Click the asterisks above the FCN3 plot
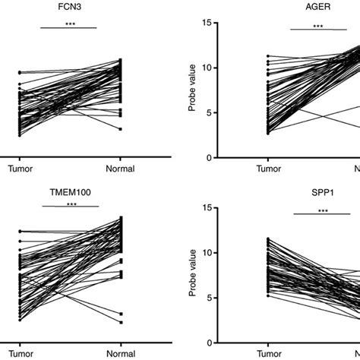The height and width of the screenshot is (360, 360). pyautogui.click(x=69, y=24)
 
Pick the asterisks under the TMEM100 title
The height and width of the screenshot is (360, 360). pyautogui.click(x=71, y=204)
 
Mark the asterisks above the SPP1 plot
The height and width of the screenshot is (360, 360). pyautogui.click(x=322, y=210)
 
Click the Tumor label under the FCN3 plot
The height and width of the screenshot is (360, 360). pyautogui.click(x=20, y=169)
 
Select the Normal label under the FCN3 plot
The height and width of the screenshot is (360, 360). pyautogui.click(x=119, y=169)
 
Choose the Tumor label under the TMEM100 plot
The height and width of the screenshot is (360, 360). pyautogui.click(x=20, y=354)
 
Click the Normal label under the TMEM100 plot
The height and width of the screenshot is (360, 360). pyautogui.click(x=119, y=354)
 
